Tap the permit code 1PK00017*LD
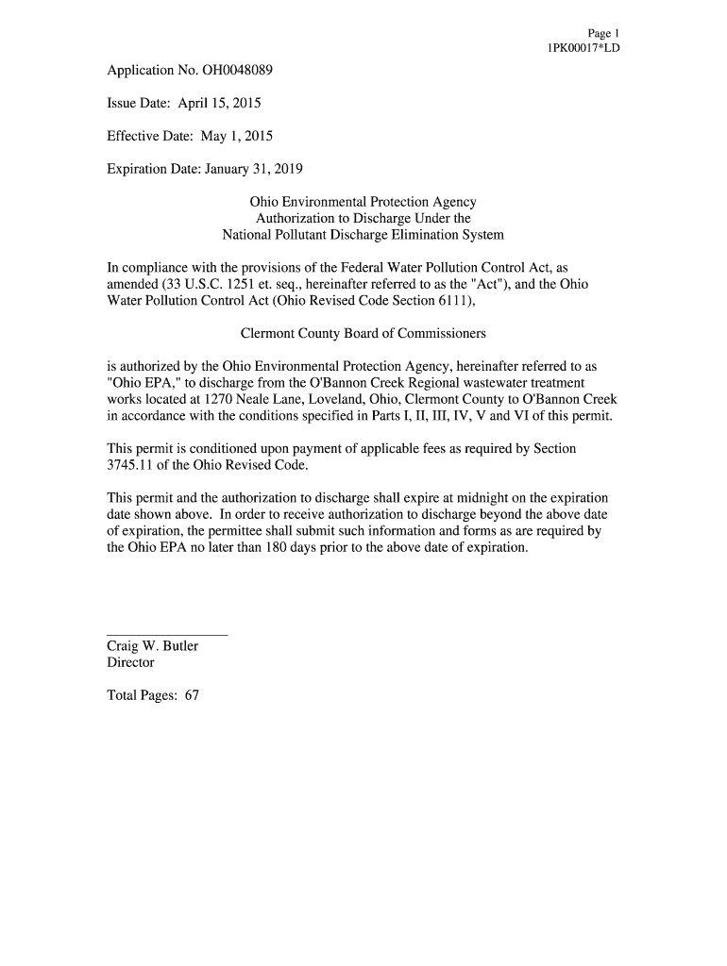coord(577,47)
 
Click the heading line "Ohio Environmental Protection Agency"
coord(363,202)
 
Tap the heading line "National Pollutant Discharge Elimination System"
coord(363,234)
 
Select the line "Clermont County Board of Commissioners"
coord(363,334)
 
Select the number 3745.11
coord(131,466)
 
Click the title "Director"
coord(131,662)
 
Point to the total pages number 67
coord(192,696)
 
